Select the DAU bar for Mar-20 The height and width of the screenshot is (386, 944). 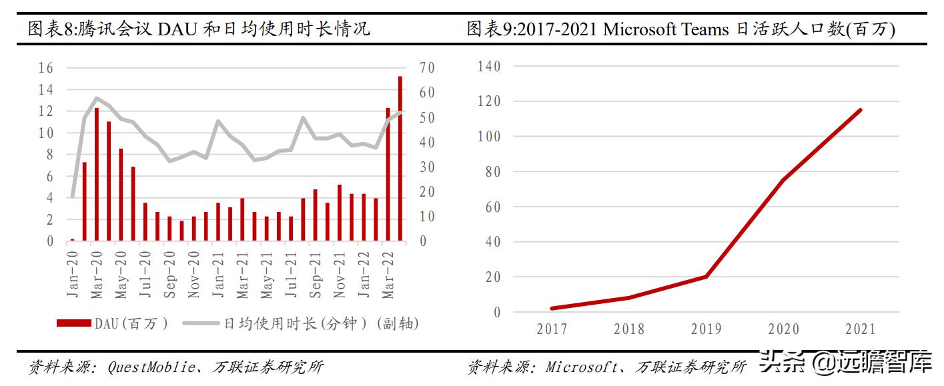point(96,174)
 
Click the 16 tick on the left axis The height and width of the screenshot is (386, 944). point(46,68)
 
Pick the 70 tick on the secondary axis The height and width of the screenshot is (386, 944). point(427,68)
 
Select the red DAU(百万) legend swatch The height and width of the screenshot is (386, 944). point(74,323)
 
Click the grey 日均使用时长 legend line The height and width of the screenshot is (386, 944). point(199,323)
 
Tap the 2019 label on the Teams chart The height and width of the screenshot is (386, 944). point(706,329)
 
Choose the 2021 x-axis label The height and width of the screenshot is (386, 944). point(860,329)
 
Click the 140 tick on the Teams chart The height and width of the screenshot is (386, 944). point(489,67)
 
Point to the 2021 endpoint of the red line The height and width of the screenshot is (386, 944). point(860,110)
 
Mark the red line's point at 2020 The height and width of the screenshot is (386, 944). point(783,179)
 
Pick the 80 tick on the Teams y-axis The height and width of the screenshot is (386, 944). point(492,172)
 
